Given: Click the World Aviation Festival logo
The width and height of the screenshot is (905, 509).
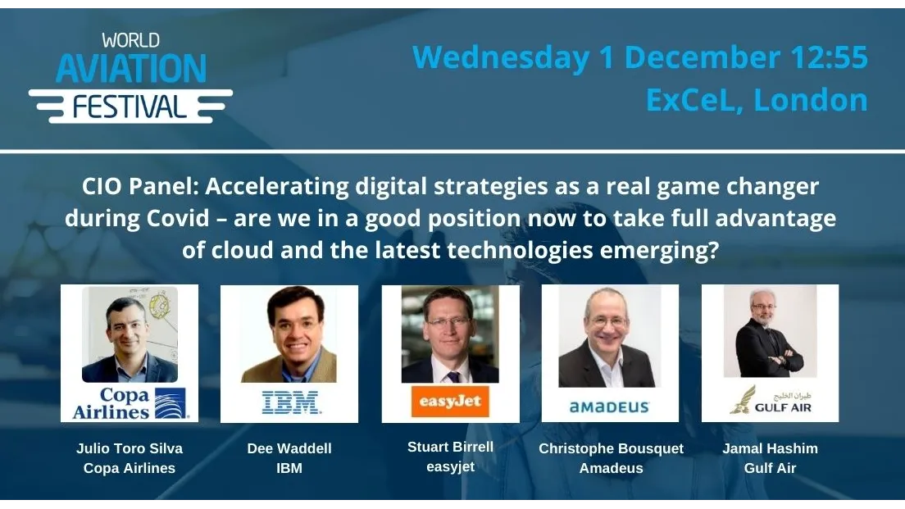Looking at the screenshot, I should (130, 79).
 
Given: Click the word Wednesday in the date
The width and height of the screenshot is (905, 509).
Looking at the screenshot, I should (501, 58).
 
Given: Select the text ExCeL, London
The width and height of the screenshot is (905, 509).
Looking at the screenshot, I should (756, 100).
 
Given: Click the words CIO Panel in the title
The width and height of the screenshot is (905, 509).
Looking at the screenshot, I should (139, 187).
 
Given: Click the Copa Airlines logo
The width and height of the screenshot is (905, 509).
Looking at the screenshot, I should (130, 402).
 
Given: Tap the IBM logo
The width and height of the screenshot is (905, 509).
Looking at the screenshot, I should (290, 402).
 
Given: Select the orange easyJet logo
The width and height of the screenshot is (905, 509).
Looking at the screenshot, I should (450, 402).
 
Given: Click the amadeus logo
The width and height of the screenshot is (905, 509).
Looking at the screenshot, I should (609, 407).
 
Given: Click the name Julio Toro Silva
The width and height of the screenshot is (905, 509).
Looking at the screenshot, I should (130, 448).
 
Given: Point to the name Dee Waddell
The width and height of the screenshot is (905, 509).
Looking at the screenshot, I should (289, 448).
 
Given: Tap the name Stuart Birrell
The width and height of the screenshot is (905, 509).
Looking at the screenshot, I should (450, 447).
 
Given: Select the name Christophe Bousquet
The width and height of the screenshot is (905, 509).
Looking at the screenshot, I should (611, 448).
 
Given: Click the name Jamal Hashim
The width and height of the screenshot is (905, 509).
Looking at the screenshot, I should (770, 448).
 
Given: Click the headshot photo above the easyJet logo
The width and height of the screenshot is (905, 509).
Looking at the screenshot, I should (450, 334).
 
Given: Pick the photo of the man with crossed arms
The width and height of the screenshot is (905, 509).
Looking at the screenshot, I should (770, 331).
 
